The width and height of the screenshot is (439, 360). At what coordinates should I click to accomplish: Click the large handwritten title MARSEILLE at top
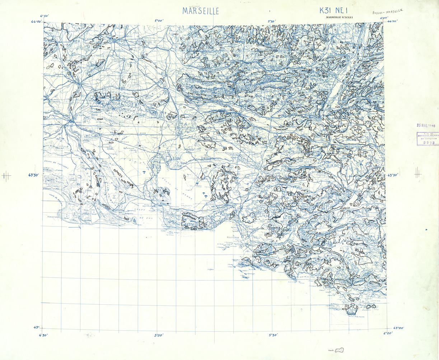[x=201, y=11]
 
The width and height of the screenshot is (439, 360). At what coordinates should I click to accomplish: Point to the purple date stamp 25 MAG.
[x=425, y=126]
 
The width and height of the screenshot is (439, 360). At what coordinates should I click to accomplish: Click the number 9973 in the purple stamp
[x=426, y=143]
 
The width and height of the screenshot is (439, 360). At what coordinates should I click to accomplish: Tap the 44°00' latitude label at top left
[x=36, y=22]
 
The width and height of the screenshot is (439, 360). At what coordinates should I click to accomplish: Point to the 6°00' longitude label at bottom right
[x=388, y=333]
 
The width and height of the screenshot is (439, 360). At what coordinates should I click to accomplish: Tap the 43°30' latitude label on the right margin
[x=396, y=176]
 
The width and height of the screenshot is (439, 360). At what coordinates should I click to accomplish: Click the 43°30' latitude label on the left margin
[x=33, y=175]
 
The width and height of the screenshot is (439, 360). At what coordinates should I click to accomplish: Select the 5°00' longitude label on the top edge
[x=159, y=21]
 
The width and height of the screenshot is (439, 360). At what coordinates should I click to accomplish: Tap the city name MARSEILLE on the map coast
[x=235, y=237]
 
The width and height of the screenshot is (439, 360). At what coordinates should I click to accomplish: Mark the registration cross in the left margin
[x=6, y=176]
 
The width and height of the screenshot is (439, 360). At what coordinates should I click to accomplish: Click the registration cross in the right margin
[x=417, y=174]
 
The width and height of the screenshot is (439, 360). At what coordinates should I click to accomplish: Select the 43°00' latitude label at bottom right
[x=398, y=328]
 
